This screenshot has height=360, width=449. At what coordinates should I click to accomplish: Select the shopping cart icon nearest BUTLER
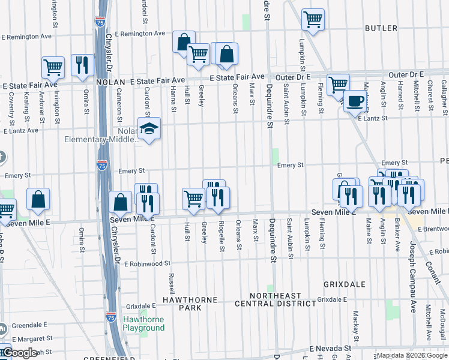[313, 19]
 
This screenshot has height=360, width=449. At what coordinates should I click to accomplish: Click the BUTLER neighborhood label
[381, 28]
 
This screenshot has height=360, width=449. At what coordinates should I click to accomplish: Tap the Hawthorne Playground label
[143, 323]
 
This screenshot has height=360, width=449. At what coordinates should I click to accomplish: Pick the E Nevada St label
[330, 348]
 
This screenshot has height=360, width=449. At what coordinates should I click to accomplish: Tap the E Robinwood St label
[140, 263]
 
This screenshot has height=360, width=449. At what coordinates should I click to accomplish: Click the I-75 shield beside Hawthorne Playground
[110, 316]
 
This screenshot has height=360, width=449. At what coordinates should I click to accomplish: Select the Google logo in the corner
[19, 353]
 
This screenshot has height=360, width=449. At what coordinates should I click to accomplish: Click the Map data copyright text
[412, 355]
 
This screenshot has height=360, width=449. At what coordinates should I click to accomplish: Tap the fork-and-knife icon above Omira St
[82, 65]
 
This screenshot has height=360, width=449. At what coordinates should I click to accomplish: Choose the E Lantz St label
[373, 119]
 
